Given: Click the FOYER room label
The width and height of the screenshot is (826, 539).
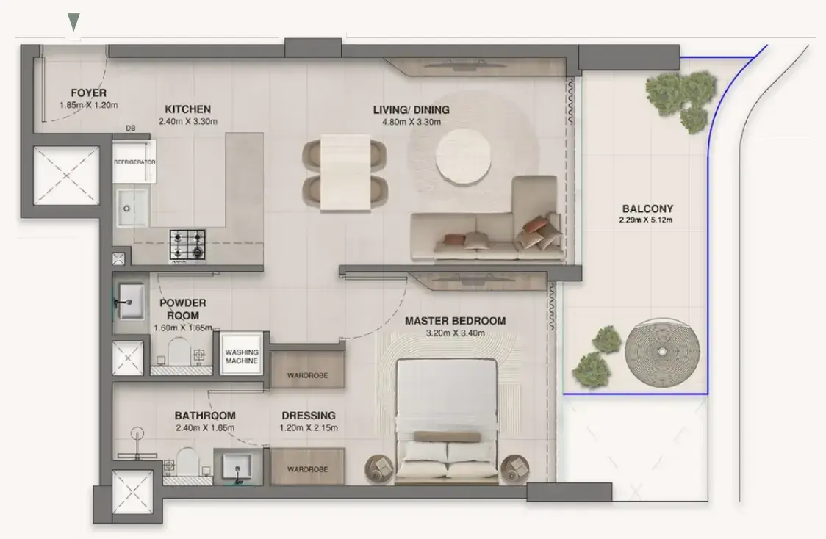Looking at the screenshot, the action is [88, 93].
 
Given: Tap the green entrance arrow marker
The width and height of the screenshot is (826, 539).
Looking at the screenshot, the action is [73, 22].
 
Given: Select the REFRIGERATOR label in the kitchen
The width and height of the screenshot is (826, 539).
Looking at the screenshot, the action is [135, 162].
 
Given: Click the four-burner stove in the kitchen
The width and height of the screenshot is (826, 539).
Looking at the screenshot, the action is [187, 245].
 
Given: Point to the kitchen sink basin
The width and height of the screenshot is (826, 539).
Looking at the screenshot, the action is [132, 208].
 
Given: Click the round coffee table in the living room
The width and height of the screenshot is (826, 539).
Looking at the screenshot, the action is [464, 156].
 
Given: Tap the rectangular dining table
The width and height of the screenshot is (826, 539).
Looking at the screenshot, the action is [345, 173].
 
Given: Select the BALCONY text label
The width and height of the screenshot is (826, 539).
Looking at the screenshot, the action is [647, 209].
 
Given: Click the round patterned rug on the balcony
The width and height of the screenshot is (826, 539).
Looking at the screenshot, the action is [662, 352].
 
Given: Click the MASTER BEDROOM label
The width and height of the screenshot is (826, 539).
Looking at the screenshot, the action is [455, 321].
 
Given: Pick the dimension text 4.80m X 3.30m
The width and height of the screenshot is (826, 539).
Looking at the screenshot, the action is [412, 122].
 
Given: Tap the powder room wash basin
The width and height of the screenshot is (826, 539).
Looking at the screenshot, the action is [131, 302].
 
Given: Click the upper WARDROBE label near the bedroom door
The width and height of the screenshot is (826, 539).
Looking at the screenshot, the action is [308, 376].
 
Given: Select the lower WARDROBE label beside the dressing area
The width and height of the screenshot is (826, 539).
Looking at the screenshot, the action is [308, 469].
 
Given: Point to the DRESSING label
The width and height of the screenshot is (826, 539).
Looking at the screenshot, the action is [309, 416].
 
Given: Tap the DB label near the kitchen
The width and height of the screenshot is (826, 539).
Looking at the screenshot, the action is [131, 128].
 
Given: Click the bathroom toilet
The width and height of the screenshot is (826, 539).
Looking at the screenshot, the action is [187, 463].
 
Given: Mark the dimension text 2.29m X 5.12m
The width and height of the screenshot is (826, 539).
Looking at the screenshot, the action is [646, 220].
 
